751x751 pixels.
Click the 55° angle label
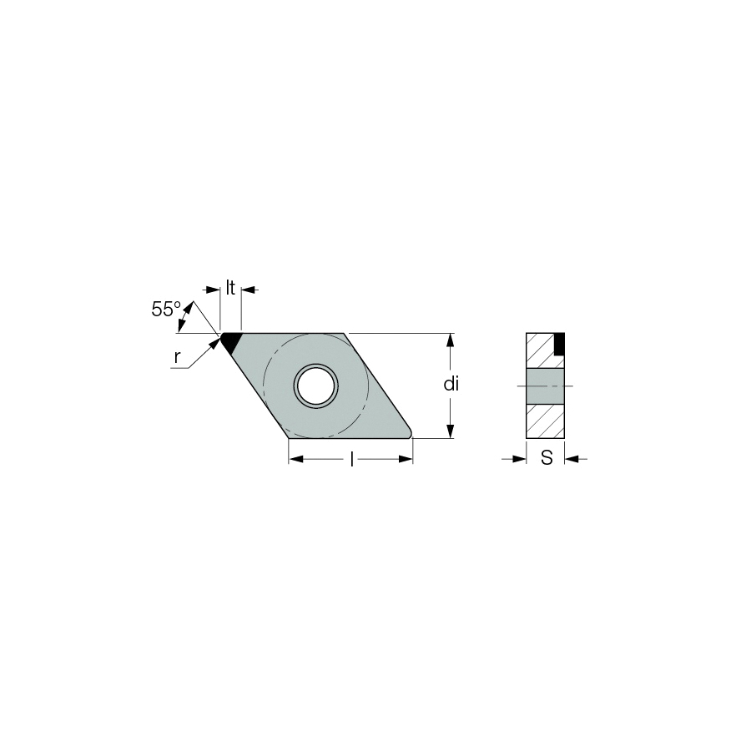[166, 310]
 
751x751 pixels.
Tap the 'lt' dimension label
[230, 288]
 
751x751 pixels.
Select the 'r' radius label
[178, 357]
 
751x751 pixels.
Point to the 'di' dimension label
[451, 384]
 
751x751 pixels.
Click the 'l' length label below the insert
[352, 460]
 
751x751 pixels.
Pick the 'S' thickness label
[547, 458]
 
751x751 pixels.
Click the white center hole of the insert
[315, 386]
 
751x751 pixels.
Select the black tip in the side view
[559, 344]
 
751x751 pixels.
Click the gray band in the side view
[546, 386]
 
